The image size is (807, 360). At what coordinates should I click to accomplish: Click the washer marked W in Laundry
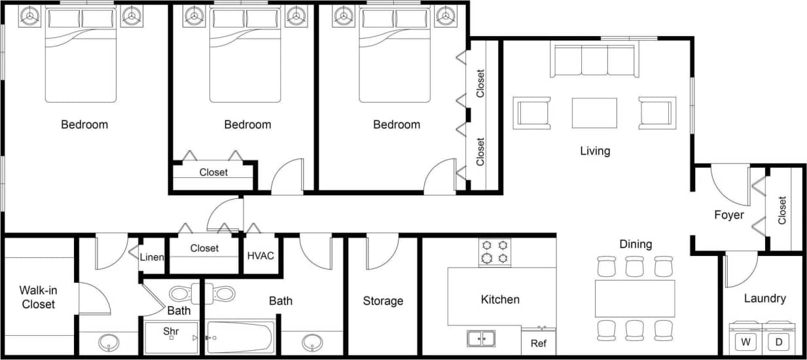(745, 341)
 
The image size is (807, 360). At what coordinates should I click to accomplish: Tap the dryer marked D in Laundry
(779, 341)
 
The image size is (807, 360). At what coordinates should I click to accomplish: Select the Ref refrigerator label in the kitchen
(538, 343)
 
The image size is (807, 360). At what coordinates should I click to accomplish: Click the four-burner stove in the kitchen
(495, 252)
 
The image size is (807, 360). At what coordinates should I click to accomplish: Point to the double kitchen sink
(481, 338)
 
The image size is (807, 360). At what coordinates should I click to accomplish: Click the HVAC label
(260, 255)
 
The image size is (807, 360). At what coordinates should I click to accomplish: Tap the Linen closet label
(152, 257)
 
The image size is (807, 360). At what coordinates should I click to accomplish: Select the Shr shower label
(171, 331)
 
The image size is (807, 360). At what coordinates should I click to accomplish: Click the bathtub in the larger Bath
(240, 337)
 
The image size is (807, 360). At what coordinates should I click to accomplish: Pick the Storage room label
(383, 301)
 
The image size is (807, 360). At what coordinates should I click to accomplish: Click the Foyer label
(728, 215)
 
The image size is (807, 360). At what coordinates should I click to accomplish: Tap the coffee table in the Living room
(594, 113)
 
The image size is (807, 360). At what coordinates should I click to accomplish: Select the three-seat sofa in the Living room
(594, 62)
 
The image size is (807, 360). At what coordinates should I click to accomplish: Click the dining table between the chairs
(634, 298)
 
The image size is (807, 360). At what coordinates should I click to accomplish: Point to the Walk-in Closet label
(37, 297)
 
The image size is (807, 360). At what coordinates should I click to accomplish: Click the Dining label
(636, 244)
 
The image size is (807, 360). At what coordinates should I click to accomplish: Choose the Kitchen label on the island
(500, 300)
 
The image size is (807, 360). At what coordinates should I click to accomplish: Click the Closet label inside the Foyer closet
(782, 211)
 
